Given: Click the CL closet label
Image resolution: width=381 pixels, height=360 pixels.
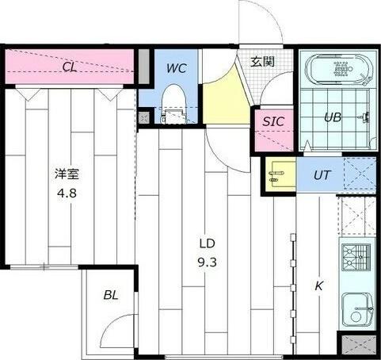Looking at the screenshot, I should pos(70,67).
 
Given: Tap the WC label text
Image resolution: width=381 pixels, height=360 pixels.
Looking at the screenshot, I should pos(176,67).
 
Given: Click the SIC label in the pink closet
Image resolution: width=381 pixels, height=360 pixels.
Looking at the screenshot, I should pos(273,122).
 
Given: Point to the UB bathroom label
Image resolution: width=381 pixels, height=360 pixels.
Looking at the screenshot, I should pos(332,117).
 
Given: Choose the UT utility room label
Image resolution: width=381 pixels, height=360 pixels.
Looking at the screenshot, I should pos(322,175).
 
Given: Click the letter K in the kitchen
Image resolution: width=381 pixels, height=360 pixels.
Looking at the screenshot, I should pos(320,285).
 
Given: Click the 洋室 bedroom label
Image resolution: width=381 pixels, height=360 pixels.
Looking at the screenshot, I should pos(67,174).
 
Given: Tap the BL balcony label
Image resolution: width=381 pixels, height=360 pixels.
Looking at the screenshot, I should pos(110,295).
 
